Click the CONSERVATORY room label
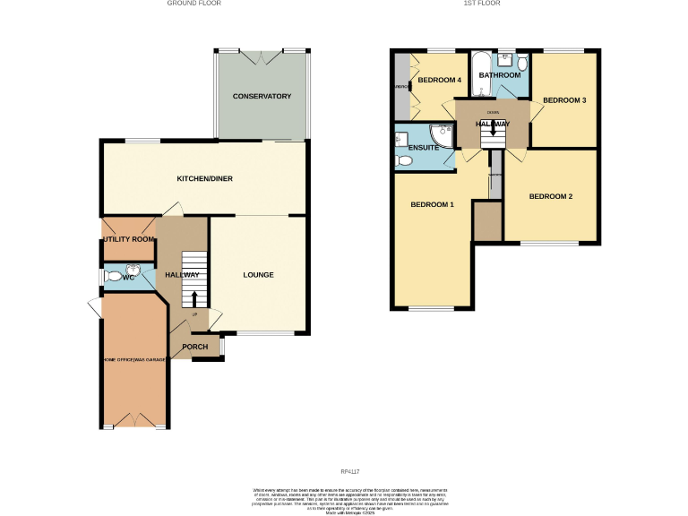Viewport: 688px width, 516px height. coord(262,96)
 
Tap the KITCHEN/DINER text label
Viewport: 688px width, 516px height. coord(204,178)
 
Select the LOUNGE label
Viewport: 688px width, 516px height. coord(258,274)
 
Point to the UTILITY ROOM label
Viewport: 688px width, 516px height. coord(128,239)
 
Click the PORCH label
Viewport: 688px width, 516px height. coord(194,347)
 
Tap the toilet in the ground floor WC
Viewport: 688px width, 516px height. coord(113,278)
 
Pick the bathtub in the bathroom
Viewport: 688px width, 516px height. coord(481,73)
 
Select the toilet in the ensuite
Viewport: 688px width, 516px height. coord(404,161)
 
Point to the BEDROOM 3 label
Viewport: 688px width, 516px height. coord(564,100)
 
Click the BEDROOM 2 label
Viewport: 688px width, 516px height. coord(550,196)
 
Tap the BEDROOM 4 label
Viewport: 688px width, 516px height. coord(439,81)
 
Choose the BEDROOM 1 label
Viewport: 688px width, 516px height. coord(432,205)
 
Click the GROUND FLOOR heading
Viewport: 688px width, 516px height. coord(194,4)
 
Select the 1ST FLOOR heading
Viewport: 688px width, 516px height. coord(482,4)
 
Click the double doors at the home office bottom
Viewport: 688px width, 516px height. coord(133,419)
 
